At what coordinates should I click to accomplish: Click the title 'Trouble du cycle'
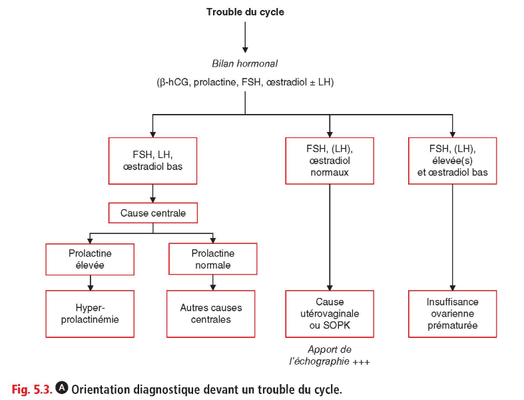(x=245, y=12)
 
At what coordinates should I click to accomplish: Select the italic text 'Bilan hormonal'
(x=244, y=63)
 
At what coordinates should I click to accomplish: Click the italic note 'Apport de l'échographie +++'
(x=330, y=355)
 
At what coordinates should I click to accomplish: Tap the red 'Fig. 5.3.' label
(x=32, y=389)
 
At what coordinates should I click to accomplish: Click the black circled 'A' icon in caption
(x=61, y=387)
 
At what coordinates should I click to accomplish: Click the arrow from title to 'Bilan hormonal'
(x=245, y=37)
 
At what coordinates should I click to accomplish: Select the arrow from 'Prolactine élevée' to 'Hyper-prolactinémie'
(x=91, y=283)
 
